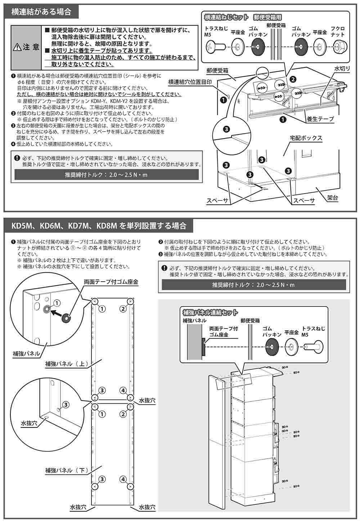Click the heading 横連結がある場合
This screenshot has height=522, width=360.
tap(41, 12)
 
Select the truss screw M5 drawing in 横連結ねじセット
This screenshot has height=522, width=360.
tap(215, 46)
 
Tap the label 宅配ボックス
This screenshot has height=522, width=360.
tap(306, 138)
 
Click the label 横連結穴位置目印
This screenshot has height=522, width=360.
tap(190, 82)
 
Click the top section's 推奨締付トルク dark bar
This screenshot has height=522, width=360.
tap(106, 176)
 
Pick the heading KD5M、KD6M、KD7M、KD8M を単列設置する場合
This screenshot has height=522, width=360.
tap(99, 226)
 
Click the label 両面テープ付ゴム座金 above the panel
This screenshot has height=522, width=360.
tap(111, 282)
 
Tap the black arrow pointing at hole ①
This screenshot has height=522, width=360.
tap(58, 311)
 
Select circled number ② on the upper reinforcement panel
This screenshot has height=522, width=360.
tap(123, 308)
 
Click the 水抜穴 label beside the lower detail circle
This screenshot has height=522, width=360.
tap(29, 423)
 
